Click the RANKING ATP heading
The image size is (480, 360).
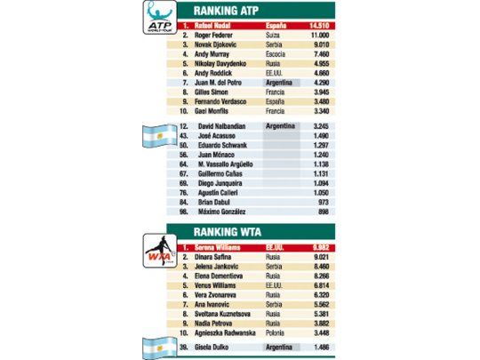(x=238, y=11)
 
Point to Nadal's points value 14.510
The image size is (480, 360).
(x=317, y=27)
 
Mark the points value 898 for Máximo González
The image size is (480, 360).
(x=323, y=214)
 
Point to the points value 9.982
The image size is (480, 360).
(x=319, y=247)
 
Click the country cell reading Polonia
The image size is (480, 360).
(x=278, y=332)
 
